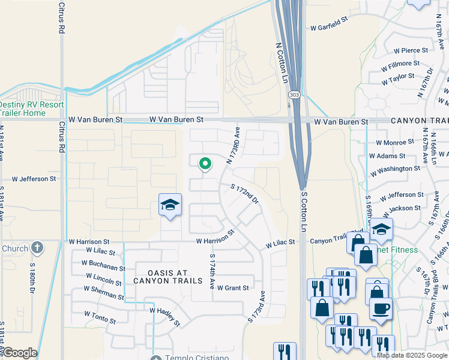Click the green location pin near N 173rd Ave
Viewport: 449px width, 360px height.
point(205,163)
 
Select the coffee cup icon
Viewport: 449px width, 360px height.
point(381,309)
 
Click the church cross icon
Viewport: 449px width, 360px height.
point(37,247)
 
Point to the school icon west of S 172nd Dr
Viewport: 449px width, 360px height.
point(170,205)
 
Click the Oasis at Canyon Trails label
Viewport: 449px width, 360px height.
point(161,275)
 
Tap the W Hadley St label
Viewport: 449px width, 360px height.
point(164,316)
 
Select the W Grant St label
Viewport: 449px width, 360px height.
point(233,288)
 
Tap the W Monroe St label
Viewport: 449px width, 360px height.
point(394,142)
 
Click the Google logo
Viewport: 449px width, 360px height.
point(19,353)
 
